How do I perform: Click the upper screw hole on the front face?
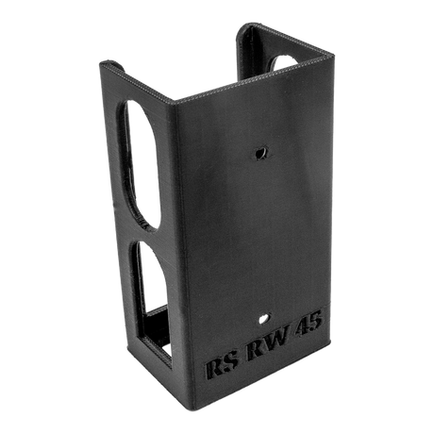tap(261, 153)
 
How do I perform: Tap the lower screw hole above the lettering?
tap(264, 318)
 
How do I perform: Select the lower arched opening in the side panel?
tap(154, 302)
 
